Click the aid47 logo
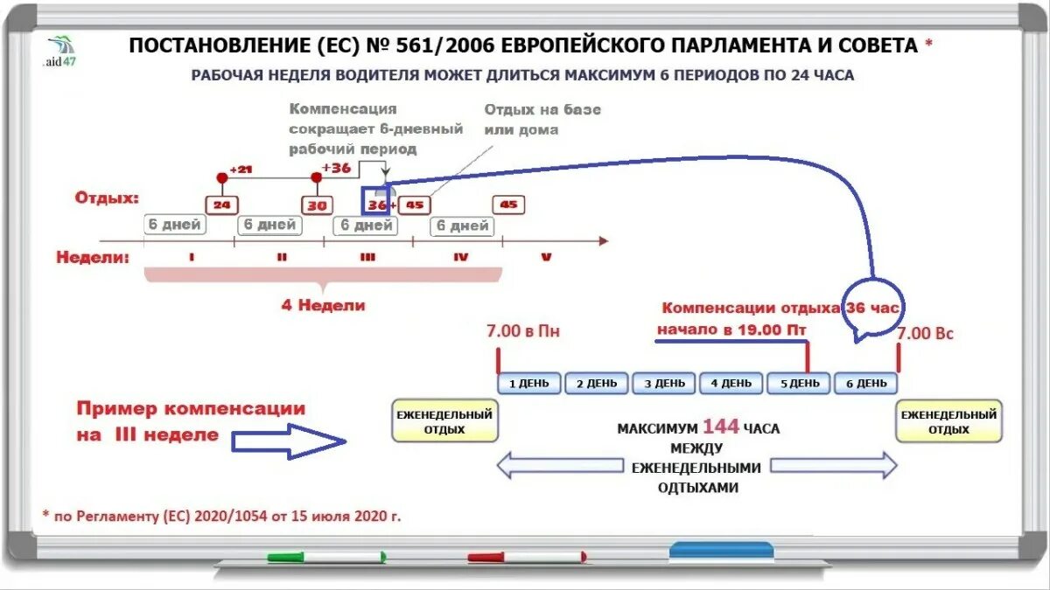[59, 52]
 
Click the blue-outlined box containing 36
[376, 205]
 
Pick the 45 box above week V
[508, 205]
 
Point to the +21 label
[241, 170]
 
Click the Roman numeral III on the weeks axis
[367, 257]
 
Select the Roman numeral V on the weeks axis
[546, 257]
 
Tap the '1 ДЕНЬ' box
[529, 383]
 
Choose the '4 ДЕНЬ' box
[731, 383]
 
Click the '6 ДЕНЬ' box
[865, 383]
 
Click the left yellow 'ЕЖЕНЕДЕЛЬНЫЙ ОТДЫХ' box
[444, 421]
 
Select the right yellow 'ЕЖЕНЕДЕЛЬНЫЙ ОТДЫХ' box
[948, 421]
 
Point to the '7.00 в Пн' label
[522, 332]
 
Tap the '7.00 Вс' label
[925, 333]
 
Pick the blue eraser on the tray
[721, 551]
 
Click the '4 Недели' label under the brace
[323, 306]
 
